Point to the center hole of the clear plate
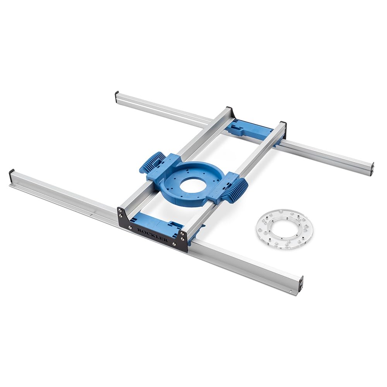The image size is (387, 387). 285,229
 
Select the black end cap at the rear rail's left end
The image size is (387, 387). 116,96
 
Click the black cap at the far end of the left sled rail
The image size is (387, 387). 229,110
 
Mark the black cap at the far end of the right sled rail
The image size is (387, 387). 283,125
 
